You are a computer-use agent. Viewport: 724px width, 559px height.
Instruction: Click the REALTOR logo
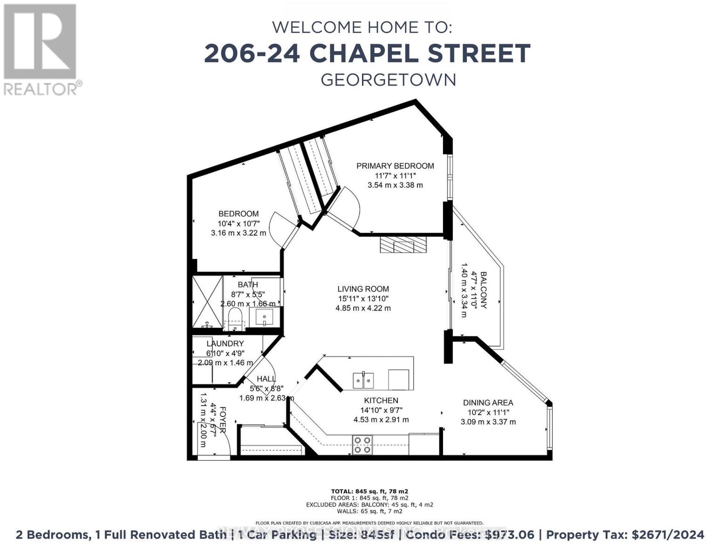click(x=41, y=49)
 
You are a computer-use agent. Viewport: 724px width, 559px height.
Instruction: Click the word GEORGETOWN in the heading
click(x=388, y=80)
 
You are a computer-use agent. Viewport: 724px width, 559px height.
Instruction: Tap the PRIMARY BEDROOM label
click(x=395, y=166)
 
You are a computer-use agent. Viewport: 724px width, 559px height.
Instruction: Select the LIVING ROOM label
click(x=363, y=289)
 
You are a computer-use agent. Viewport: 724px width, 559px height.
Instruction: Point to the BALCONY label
click(x=484, y=290)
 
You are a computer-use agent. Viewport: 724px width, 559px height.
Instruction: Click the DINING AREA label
click(x=488, y=402)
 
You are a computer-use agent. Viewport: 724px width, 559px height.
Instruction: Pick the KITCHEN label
click(x=381, y=400)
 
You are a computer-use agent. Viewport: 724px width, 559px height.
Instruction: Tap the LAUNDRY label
click(x=225, y=343)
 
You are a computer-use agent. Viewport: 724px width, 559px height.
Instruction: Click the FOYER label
click(x=223, y=420)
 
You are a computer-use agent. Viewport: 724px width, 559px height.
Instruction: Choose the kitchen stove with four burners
click(x=362, y=444)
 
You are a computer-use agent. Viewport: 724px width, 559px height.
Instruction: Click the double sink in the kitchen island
click(x=363, y=380)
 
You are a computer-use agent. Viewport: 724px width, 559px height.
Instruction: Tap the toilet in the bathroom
click(x=235, y=319)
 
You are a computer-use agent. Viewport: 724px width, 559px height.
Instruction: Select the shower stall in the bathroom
click(x=208, y=301)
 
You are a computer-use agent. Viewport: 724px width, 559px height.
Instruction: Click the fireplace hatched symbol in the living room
click(x=403, y=244)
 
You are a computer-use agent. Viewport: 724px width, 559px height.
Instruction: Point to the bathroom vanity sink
click(x=264, y=317)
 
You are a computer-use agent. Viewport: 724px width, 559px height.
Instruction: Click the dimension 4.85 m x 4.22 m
click(x=363, y=308)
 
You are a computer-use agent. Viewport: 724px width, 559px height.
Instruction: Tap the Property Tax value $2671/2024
click(x=668, y=534)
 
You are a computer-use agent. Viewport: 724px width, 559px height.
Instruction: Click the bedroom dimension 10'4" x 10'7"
click(x=239, y=223)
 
